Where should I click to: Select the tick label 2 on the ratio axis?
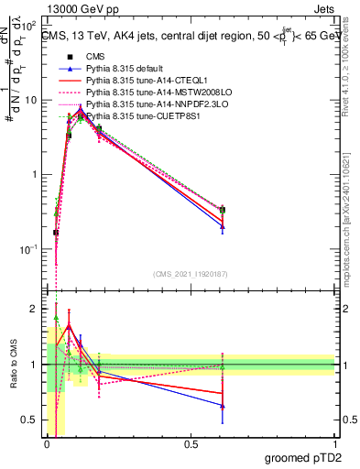point(33,310)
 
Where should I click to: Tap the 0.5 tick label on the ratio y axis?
point(29,420)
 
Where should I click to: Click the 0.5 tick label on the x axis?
point(191,444)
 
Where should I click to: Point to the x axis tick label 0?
point(47,444)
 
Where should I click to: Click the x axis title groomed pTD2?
point(304,458)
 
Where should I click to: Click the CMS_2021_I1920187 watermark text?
point(191,274)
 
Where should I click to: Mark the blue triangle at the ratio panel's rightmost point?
point(223,405)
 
